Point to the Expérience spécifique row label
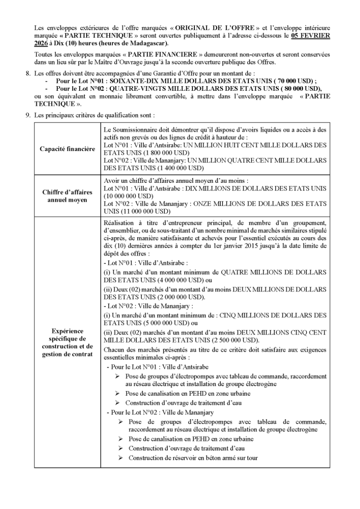coord(67,342)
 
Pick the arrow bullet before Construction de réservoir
coord(121,456)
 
